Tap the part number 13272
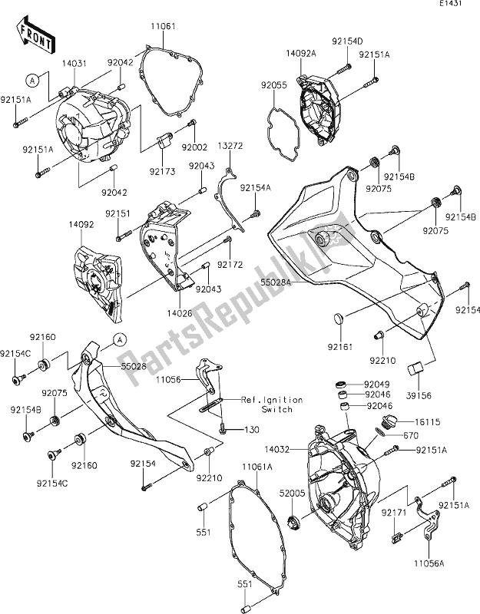pyautogui.click(x=230, y=145)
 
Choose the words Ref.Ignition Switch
pyautogui.click(x=272, y=404)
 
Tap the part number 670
pyautogui.click(x=403, y=435)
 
